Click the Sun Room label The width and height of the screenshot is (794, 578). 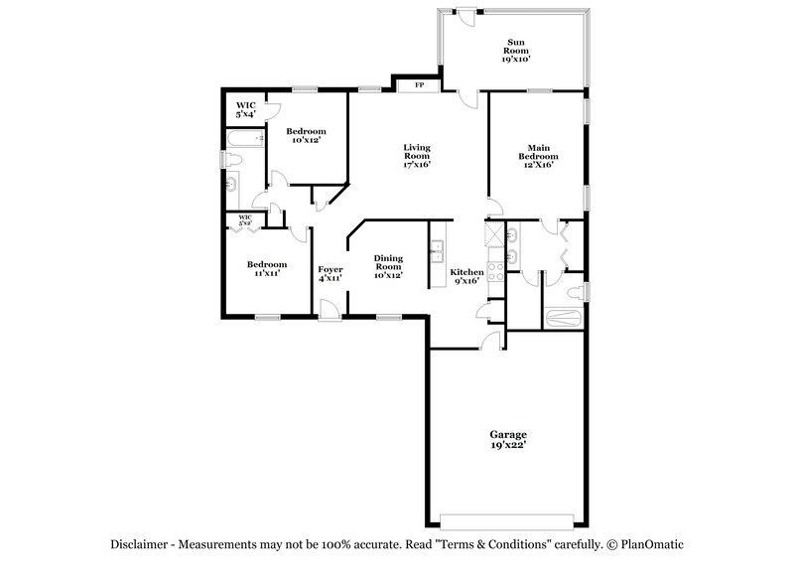point(515,51)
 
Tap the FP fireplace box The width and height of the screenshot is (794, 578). point(419,85)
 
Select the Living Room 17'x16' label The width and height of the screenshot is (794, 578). point(416,156)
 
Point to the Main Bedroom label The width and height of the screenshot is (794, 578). point(537,156)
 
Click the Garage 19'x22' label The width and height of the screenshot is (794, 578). point(507,440)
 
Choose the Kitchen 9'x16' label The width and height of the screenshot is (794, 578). point(466,276)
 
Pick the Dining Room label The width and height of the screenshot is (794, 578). point(388,267)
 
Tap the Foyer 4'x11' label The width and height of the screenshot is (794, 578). point(330,273)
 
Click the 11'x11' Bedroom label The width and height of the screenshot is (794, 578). point(267,268)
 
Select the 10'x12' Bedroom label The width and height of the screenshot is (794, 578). point(306,136)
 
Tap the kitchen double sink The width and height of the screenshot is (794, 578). point(436,254)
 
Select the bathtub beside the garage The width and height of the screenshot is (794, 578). point(567,319)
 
